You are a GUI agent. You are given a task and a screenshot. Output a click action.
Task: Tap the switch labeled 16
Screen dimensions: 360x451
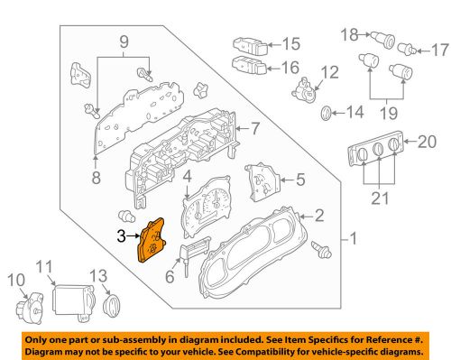pyautogui.click(x=249, y=65)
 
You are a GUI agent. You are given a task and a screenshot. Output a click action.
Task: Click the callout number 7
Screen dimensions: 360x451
pyautogui.click(x=255, y=128)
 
